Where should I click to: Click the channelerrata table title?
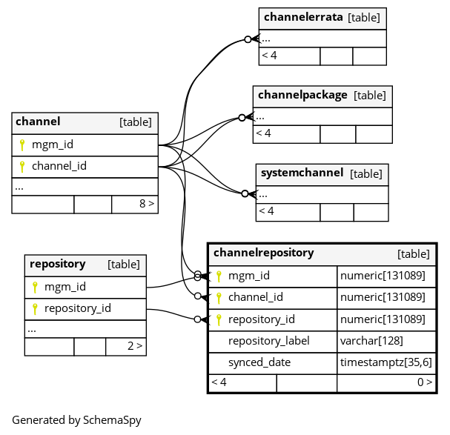click(303, 17)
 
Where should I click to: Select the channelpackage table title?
click(302, 95)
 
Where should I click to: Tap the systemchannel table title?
click(302, 173)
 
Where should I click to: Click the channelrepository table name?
click(263, 253)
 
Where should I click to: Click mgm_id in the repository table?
click(64, 287)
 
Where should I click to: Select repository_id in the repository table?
click(78, 308)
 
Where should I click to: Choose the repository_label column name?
click(268, 341)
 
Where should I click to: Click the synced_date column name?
click(259, 362)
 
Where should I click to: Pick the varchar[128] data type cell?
click(371, 341)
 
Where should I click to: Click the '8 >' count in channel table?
click(147, 204)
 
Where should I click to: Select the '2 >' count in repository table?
click(135, 346)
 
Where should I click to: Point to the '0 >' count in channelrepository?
click(425, 382)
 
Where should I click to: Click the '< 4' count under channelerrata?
click(269, 56)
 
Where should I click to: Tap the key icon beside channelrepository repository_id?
click(219, 319)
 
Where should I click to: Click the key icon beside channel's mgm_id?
click(22, 145)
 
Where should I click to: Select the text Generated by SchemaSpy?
click(76, 420)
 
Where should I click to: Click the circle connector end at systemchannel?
click(245, 194)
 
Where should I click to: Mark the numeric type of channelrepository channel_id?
click(383, 297)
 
